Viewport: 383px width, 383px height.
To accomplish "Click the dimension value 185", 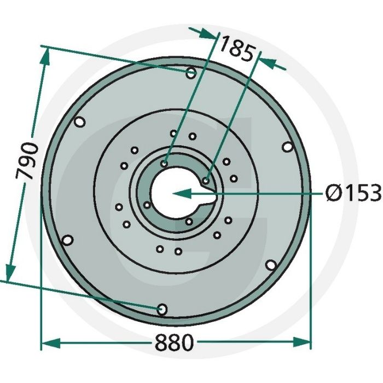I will (236, 50).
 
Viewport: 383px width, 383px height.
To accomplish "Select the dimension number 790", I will (28, 161).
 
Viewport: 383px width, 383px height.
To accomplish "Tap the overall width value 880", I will (174, 343).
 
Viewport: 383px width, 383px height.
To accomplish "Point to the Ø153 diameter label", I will (352, 193).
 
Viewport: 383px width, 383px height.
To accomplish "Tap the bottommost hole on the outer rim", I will (162, 310).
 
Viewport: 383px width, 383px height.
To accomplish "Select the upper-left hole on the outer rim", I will (79, 123).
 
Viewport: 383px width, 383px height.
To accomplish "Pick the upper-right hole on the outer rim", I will (287, 147).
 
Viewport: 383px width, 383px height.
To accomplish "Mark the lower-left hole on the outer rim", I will (67, 240).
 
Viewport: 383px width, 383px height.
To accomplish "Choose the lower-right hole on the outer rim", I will (270, 265).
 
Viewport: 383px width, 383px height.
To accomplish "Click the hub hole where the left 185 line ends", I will (165, 163).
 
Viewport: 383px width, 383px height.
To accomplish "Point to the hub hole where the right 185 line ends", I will (206, 179).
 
